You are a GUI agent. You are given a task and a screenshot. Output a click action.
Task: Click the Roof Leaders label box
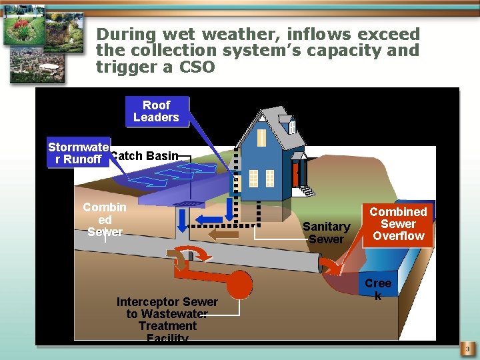click(x=156, y=111)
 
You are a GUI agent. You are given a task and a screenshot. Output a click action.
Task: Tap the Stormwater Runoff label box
click(x=78, y=153)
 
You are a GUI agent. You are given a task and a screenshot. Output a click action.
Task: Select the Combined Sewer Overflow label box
click(x=399, y=223)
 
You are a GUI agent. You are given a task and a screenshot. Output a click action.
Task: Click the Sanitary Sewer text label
click(x=326, y=233)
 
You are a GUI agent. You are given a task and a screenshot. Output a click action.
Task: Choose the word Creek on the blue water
click(x=378, y=289)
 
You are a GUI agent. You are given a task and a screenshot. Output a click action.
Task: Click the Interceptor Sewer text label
click(x=167, y=319)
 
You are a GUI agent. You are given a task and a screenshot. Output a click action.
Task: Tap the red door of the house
click(x=295, y=174)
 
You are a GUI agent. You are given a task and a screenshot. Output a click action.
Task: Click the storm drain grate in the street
click(x=191, y=203)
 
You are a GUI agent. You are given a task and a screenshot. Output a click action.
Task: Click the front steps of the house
click(x=307, y=191)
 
